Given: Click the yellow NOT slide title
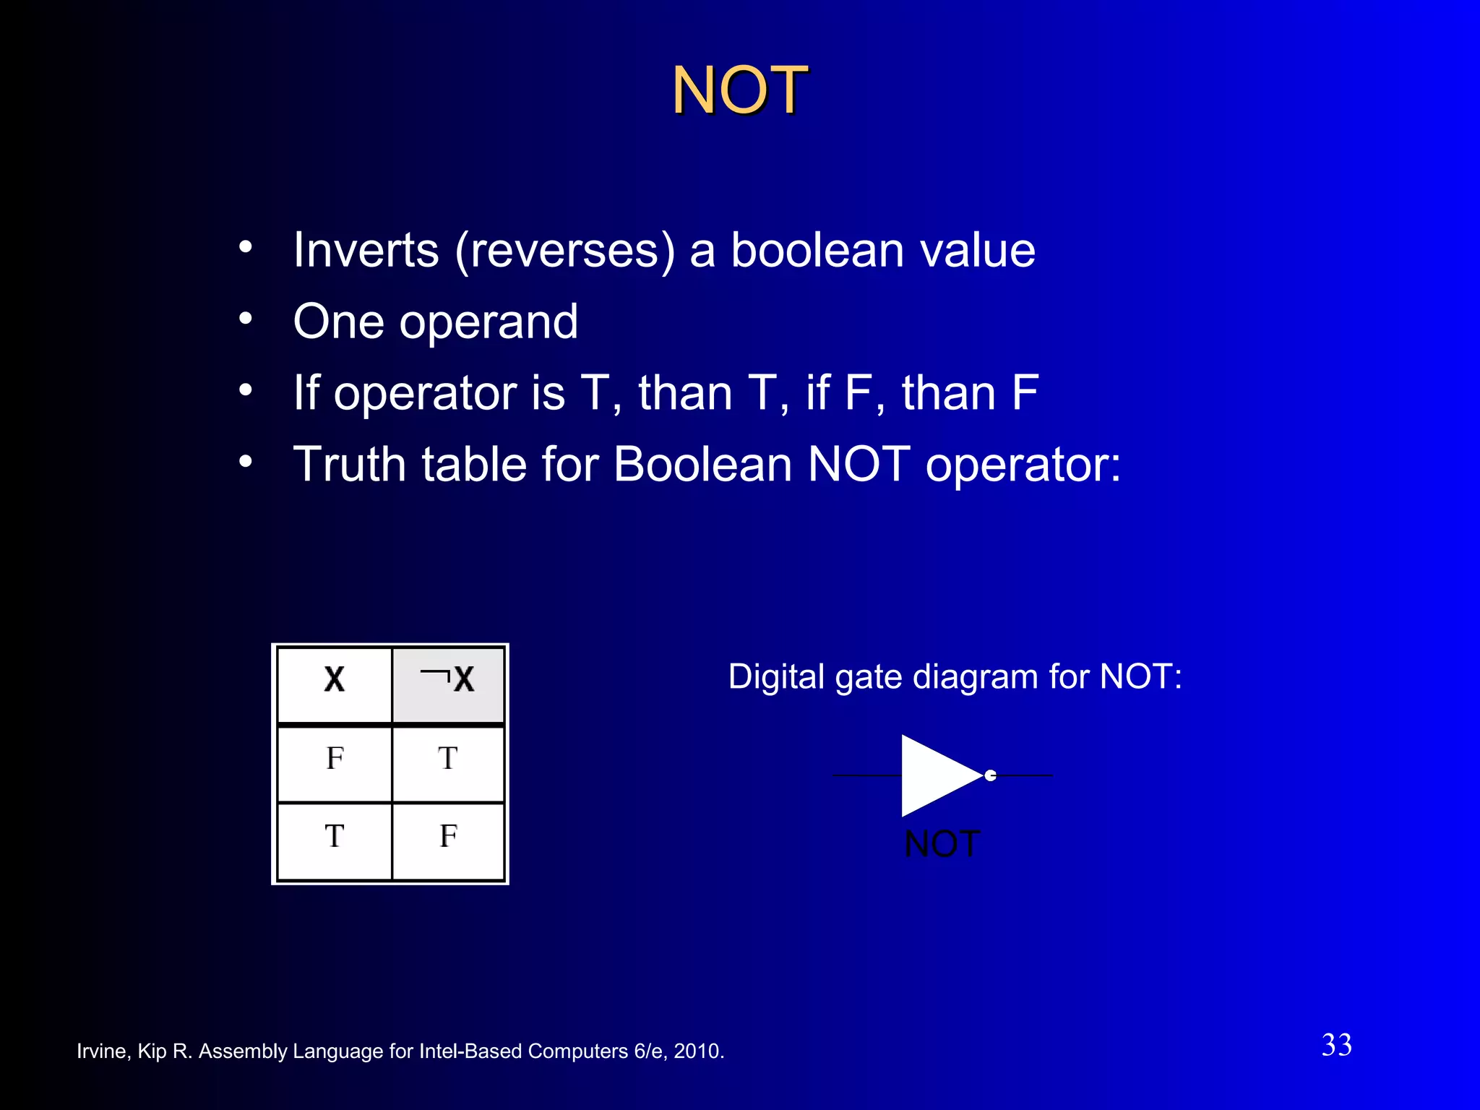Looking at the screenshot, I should pyautogui.click(x=739, y=90).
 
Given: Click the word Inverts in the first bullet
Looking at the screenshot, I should pyautogui.click(x=366, y=251).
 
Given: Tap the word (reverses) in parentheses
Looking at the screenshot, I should pyautogui.click(x=565, y=251).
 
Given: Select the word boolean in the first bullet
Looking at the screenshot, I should pyautogui.click(x=817, y=251).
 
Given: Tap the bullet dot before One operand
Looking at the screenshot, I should pyautogui.click(x=246, y=318).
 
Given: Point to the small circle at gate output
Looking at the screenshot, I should pyautogui.click(x=991, y=775).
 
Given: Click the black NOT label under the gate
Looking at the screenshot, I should pyautogui.click(x=942, y=844).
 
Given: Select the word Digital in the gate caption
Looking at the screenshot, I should pyautogui.click(x=776, y=678).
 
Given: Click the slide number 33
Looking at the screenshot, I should pyautogui.click(x=1336, y=1046).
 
